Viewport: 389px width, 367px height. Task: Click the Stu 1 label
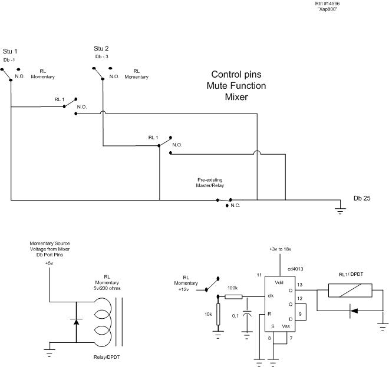(x=10, y=51)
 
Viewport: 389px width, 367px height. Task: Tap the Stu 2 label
(x=101, y=48)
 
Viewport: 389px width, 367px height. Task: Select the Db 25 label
(x=362, y=198)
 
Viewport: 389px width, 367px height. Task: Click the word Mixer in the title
(x=236, y=97)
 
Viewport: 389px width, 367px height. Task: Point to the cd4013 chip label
(x=295, y=269)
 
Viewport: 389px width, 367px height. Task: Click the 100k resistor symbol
(x=233, y=296)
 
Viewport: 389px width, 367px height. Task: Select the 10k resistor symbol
(x=218, y=314)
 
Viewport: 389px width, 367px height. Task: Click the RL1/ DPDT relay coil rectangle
(x=350, y=290)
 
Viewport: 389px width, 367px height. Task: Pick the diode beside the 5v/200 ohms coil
(x=76, y=322)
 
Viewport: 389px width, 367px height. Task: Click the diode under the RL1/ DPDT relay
(x=354, y=311)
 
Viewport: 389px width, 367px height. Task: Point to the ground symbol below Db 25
(x=340, y=211)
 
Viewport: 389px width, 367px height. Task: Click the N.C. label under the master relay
(x=235, y=205)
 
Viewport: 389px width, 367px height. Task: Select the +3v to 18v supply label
(x=281, y=249)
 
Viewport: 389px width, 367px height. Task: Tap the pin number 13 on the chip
(x=299, y=285)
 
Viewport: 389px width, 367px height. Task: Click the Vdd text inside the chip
(x=279, y=282)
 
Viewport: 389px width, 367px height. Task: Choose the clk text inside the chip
(x=271, y=296)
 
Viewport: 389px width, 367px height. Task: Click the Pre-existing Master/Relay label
(x=210, y=182)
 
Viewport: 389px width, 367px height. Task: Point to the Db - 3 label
(x=102, y=56)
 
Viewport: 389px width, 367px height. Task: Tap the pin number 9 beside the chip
(x=300, y=314)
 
